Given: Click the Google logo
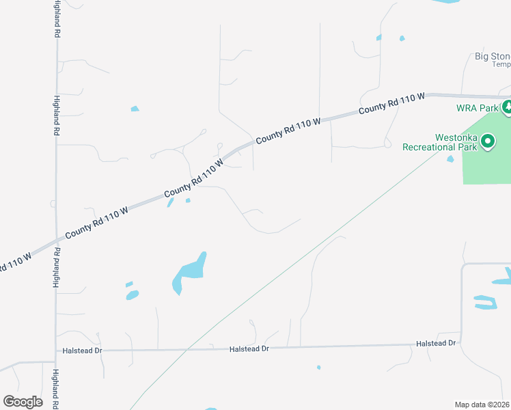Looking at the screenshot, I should pyautogui.click(x=23, y=401).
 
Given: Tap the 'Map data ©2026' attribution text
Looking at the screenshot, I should pyautogui.click(x=482, y=405).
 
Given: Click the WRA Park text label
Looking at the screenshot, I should pyautogui.click(x=478, y=108).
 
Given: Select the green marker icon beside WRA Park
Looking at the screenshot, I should pyautogui.click(x=507, y=107).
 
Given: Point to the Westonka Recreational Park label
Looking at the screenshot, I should pyautogui.click(x=439, y=141).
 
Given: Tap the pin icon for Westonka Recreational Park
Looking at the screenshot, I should pyautogui.click(x=488, y=141).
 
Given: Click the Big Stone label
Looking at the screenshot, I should pyautogui.click(x=493, y=56).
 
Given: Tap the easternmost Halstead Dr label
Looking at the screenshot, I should pyautogui.click(x=437, y=343).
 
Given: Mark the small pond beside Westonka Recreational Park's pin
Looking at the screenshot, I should pyautogui.click(x=450, y=159).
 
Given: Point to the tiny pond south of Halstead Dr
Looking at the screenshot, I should pyautogui.click(x=318, y=367).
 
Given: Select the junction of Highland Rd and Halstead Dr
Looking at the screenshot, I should pyautogui.click(x=56, y=351).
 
